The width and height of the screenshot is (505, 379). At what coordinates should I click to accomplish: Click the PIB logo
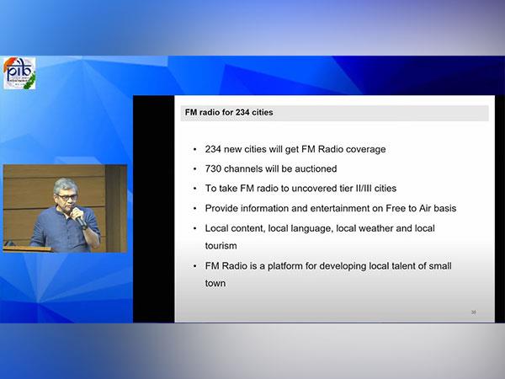(19, 73)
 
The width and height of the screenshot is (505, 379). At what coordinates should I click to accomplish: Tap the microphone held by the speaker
(79, 218)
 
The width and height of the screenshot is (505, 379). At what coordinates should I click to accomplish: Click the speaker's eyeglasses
(66, 197)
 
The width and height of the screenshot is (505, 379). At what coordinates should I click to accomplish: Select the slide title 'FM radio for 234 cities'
(229, 113)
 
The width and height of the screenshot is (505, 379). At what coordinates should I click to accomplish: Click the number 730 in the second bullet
(213, 169)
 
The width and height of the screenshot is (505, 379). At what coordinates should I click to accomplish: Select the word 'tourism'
(221, 246)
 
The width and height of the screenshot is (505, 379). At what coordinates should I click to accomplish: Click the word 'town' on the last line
(215, 283)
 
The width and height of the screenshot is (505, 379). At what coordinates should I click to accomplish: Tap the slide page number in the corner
(473, 312)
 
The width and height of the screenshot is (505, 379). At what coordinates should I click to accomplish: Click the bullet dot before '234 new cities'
(195, 150)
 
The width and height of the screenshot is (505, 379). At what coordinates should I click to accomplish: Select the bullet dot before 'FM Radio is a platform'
(195, 266)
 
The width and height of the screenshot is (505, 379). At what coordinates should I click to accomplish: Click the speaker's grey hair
(66, 184)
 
